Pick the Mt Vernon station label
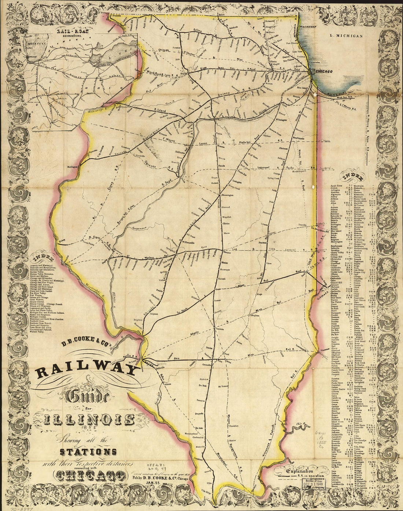click(223, 386)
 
